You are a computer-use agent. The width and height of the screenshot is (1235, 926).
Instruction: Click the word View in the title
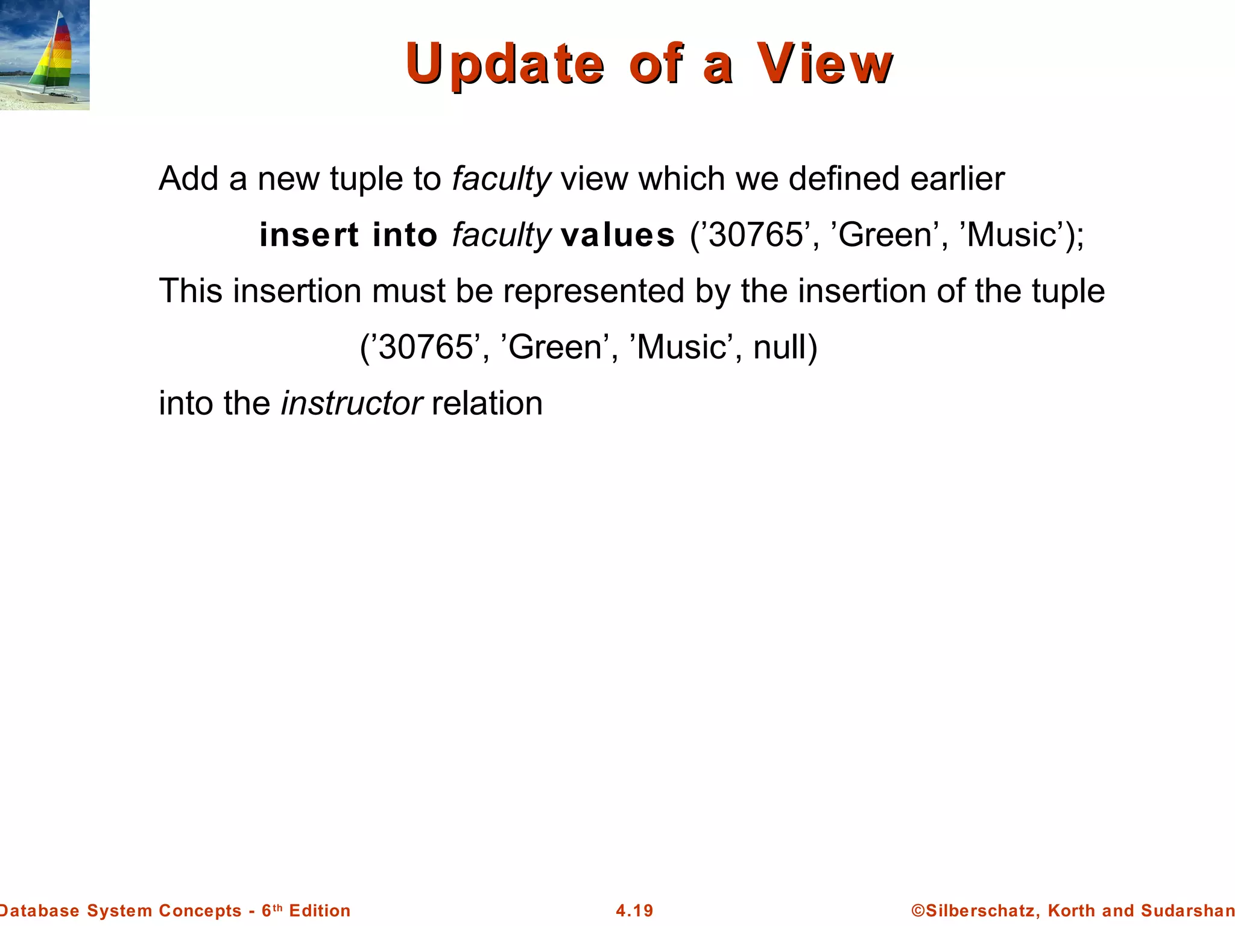coord(824,63)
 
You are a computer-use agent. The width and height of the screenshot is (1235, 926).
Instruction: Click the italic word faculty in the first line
coord(501,179)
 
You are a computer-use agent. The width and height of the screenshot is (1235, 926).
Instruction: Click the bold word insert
coord(309,235)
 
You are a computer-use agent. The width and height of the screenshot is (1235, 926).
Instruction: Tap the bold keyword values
coord(617,235)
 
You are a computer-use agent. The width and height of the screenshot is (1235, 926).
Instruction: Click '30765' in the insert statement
coord(756,235)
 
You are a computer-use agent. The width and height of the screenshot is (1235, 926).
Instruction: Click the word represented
coord(593,291)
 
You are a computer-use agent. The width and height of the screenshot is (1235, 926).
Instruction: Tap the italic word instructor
coord(352,403)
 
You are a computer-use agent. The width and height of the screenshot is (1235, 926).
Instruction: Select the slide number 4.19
coord(634,910)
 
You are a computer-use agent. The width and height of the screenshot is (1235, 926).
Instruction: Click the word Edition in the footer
coord(320,910)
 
